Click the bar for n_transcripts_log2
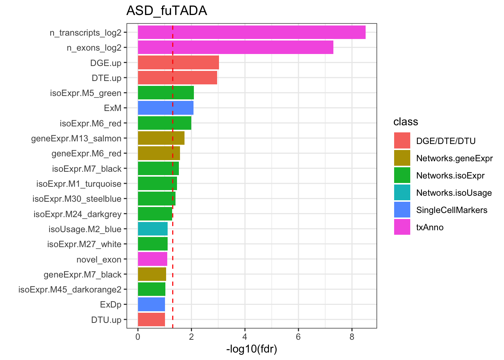(x=251, y=32)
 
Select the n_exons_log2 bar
(x=235, y=48)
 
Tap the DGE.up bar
(x=178, y=63)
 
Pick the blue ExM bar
(x=165, y=108)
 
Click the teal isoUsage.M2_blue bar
(x=153, y=229)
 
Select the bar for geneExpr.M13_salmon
(x=161, y=138)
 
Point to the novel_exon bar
(x=152, y=259)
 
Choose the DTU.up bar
(x=151, y=319)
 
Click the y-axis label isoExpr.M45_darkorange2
(x=70, y=289)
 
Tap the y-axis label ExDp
(x=111, y=304)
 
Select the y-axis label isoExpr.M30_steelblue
(x=77, y=199)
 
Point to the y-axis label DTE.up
(x=106, y=78)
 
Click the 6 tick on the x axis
(x=298, y=337)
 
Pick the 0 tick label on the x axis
(x=138, y=337)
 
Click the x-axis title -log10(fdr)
(x=252, y=349)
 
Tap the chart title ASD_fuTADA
(x=166, y=10)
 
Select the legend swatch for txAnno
(x=402, y=227)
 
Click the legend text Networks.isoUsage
(x=454, y=193)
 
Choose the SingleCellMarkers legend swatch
(x=402, y=210)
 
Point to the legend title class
(x=405, y=122)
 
